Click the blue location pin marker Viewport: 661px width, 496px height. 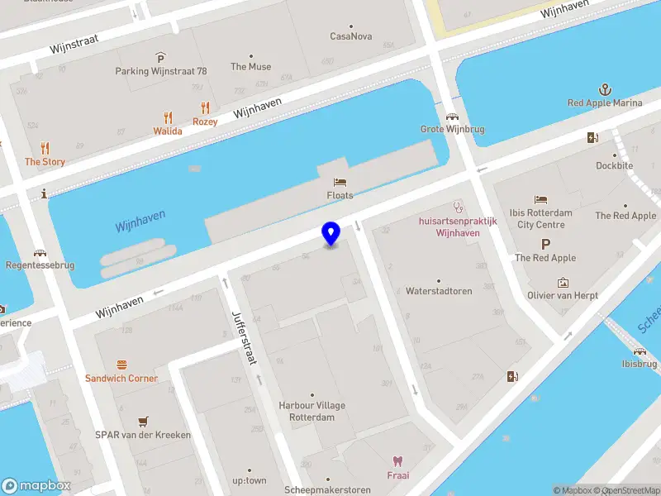331,233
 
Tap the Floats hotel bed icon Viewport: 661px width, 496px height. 340,182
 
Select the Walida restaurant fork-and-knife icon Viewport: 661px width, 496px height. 169,117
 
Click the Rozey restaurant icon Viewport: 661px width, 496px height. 205,107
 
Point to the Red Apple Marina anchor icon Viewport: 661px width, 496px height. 605,89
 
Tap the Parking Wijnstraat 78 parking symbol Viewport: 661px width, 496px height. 160,57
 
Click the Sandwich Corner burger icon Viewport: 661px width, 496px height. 121,364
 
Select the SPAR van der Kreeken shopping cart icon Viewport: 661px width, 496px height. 143,421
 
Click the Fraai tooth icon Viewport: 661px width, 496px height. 398,461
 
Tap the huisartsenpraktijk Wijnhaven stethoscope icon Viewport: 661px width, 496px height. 457,207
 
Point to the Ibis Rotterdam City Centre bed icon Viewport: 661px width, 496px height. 540,199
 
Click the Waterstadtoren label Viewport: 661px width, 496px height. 438,291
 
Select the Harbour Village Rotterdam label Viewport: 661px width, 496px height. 311,411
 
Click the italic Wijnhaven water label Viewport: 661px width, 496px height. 140,220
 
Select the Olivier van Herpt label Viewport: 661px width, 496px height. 563,295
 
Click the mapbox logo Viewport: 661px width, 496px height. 36,486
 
